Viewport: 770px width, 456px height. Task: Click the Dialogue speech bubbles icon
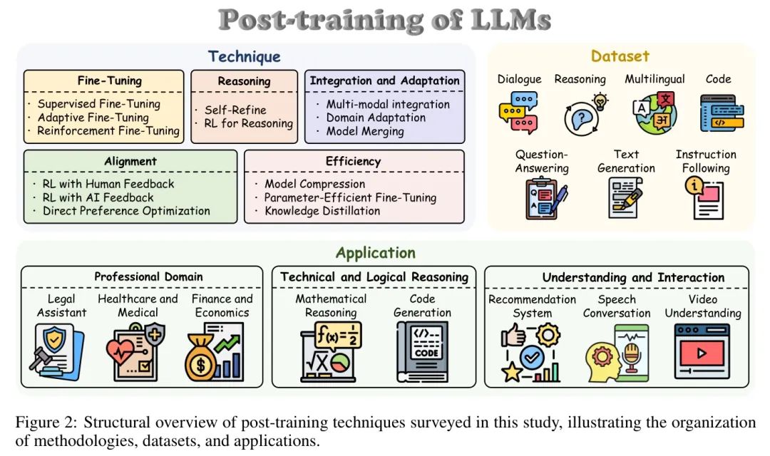coord(518,113)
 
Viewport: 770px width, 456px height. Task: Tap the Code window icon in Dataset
coord(722,113)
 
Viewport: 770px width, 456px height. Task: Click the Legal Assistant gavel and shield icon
coord(56,352)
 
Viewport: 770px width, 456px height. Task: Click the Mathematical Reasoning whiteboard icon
coord(331,352)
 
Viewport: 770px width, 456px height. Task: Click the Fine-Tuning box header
coord(109,81)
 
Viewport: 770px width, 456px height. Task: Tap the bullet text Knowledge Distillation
coord(322,211)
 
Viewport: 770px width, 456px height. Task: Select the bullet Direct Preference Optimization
coord(126,211)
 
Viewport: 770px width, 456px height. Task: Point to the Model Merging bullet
coord(365,131)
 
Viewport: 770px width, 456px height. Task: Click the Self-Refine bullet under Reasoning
coord(235,110)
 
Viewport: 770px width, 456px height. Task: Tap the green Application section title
coord(375,253)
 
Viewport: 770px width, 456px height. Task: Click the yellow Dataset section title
coord(620,56)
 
